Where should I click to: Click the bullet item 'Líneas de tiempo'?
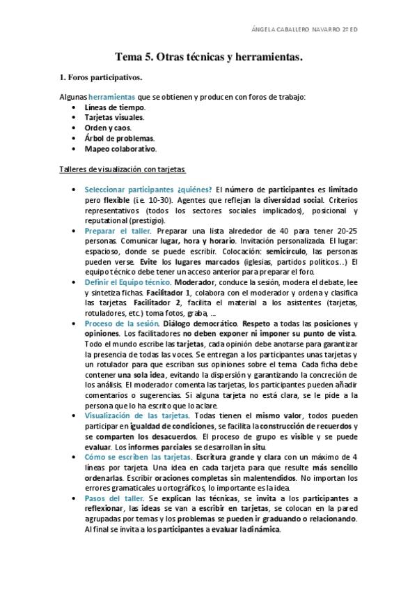[x=114, y=108]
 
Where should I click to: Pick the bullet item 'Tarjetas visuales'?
[x=114, y=118]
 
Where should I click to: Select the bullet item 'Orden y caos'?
[x=107, y=128]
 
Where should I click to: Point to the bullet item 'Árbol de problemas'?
[x=118, y=138]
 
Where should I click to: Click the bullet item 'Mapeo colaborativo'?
[x=120, y=148]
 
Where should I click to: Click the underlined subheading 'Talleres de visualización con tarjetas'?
[x=123, y=169]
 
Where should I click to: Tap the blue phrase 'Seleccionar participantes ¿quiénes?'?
[x=148, y=190]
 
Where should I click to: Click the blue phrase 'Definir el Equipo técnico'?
[x=127, y=282]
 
